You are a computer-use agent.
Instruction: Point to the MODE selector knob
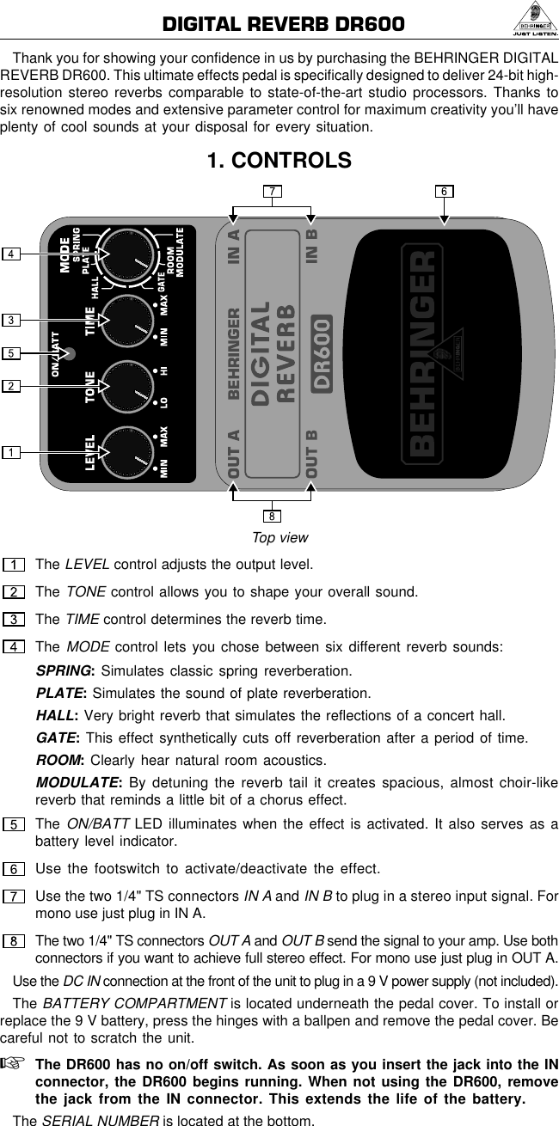click(x=127, y=254)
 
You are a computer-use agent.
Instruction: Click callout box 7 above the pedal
click(x=272, y=191)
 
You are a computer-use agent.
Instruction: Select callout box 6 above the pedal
click(x=444, y=191)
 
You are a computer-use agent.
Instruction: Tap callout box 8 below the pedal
click(x=272, y=517)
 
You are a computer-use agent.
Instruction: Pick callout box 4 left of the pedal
click(x=11, y=254)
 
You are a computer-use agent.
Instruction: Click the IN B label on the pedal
click(x=311, y=244)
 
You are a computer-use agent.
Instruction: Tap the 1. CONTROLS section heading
click(x=279, y=161)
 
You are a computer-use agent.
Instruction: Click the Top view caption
click(x=279, y=538)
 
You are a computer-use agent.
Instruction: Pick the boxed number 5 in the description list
click(x=14, y=824)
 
